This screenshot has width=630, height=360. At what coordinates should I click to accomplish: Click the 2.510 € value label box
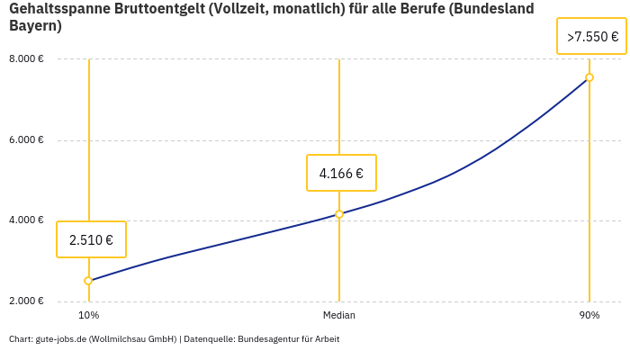(91, 239)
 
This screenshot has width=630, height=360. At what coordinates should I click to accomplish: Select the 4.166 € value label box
(341, 173)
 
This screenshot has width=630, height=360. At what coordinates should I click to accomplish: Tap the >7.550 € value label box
(591, 37)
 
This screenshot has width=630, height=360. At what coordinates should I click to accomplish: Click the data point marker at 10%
(88, 281)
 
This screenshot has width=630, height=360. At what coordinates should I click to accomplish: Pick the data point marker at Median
(339, 214)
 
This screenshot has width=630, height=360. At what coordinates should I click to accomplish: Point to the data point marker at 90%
(589, 77)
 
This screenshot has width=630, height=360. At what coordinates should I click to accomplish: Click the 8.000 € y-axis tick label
(27, 59)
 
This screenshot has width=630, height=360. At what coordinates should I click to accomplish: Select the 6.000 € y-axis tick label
(27, 139)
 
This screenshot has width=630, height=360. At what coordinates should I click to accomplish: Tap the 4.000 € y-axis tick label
(27, 220)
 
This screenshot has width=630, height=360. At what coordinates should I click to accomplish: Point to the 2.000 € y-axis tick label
(27, 301)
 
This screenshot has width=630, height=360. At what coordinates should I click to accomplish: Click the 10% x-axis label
(88, 316)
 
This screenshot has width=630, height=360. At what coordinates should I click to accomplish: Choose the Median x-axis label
(339, 316)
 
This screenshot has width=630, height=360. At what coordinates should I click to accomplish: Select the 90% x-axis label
(589, 316)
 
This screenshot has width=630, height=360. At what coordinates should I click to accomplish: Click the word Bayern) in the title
(35, 26)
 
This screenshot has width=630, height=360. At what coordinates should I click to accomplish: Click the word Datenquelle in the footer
(206, 339)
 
